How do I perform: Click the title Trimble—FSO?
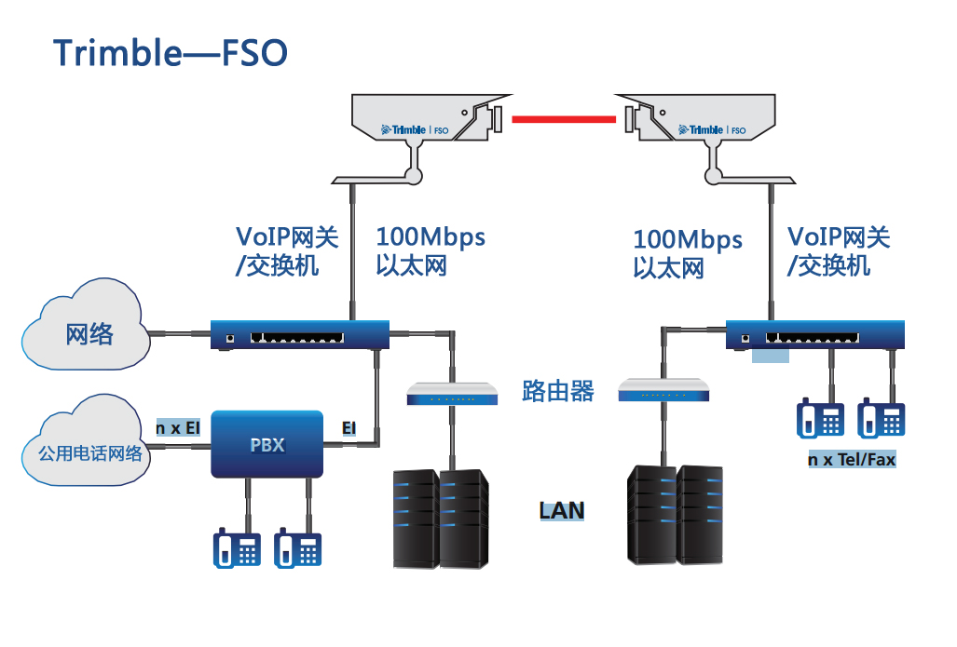click(x=171, y=53)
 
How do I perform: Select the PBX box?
click(x=267, y=444)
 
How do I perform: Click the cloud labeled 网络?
click(x=87, y=333)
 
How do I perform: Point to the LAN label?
click(x=562, y=510)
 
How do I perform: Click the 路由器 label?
click(x=558, y=391)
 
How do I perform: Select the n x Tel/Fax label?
click(x=852, y=460)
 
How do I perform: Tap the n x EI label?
click(x=178, y=428)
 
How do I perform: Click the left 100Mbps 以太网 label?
click(x=430, y=250)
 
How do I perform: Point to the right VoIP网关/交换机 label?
click(x=838, y=250)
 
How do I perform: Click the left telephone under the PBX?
click(x=237, y=548)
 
